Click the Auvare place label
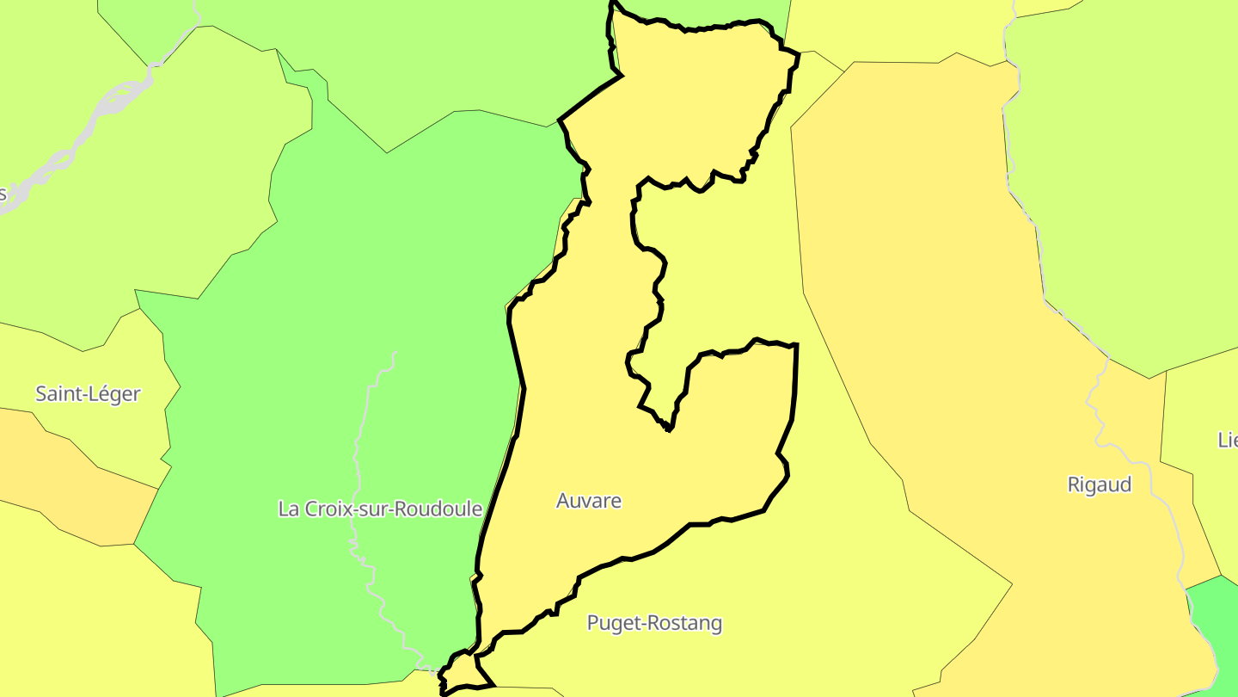[589, 501]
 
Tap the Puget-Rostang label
[654, 623]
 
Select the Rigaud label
[1099, 484]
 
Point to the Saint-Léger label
[88, 394]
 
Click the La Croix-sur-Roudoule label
[380, 509]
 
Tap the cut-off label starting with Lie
[1227, 440]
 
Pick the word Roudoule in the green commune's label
[437, 509]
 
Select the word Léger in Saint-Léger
[114, 394]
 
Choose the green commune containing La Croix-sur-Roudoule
[344, 301]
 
